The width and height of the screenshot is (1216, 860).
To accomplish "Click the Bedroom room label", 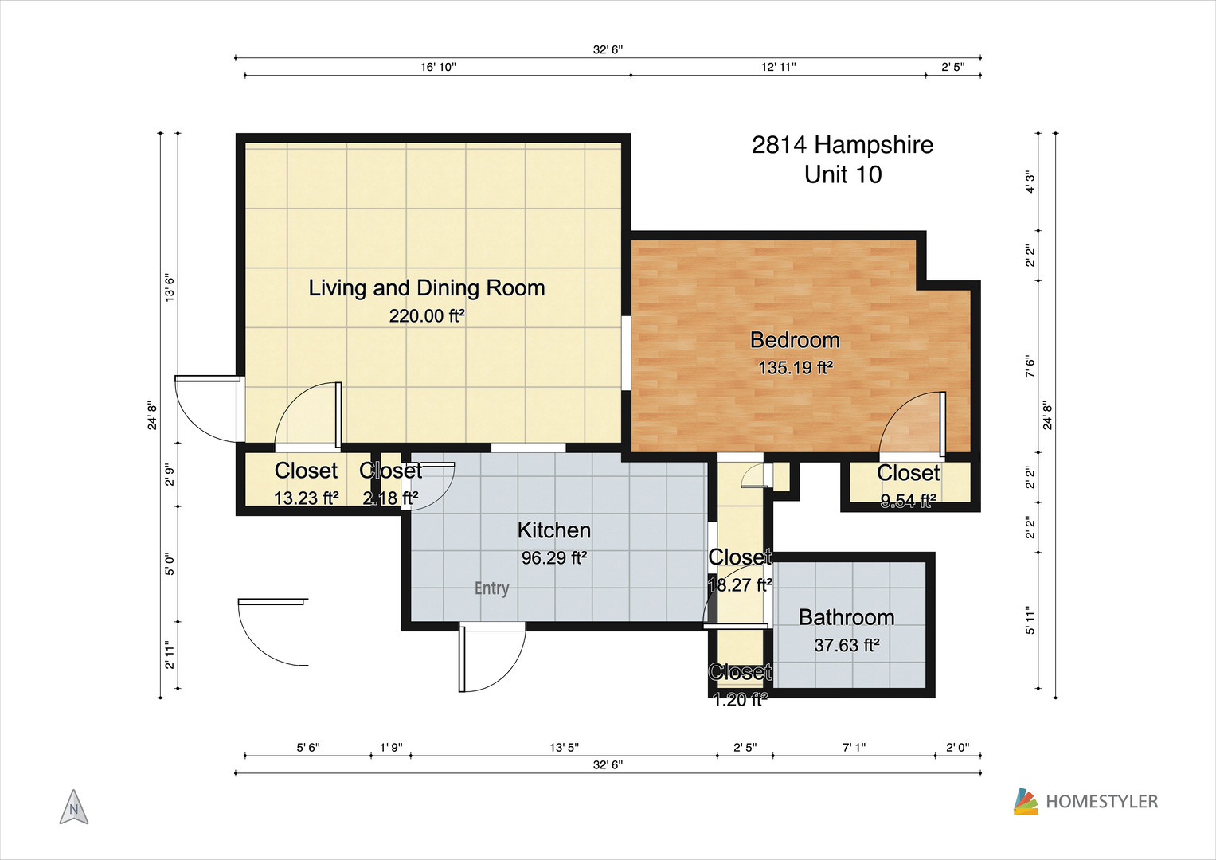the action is coord(795,340).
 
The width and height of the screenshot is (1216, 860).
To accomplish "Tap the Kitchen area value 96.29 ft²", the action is coord(554,557).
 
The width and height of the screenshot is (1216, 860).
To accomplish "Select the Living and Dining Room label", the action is coord(427,287).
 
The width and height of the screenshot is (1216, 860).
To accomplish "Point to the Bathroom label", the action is coord(847,617).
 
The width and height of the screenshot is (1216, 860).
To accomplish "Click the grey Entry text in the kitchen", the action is coord(492,588).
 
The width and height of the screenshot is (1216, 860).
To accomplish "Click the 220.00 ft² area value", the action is coord(427,315).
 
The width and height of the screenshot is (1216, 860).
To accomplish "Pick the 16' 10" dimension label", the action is coord(438,67).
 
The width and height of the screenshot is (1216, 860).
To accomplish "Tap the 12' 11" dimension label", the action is coord(779,67).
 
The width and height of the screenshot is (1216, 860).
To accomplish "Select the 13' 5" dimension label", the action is coord(564,748).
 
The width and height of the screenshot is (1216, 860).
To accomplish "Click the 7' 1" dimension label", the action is coord(854,748).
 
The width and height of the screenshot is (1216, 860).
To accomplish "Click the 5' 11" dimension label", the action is coord(1030,620).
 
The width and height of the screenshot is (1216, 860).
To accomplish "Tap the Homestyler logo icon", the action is coord(1026,801).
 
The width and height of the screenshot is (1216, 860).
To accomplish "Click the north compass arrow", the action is coord(74,807).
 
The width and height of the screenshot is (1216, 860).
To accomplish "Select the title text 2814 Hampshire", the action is coord(843,145).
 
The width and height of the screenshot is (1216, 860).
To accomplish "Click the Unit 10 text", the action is coord(843,175).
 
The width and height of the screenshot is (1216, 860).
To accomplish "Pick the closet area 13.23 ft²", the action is coord(306,498).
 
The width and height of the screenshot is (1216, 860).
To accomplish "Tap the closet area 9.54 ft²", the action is coord(908,501).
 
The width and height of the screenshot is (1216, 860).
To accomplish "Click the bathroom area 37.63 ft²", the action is coord(847,645).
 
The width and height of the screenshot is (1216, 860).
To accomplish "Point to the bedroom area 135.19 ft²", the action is coord(796,368).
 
